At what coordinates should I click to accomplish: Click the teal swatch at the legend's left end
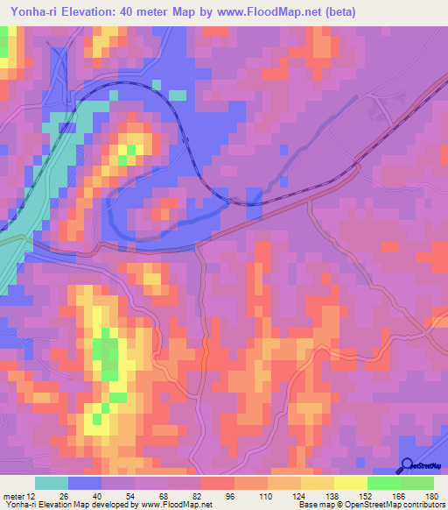(52, 483)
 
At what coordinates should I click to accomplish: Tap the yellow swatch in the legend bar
(351, 483)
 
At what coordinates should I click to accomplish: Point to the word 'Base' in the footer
(308, 506)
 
